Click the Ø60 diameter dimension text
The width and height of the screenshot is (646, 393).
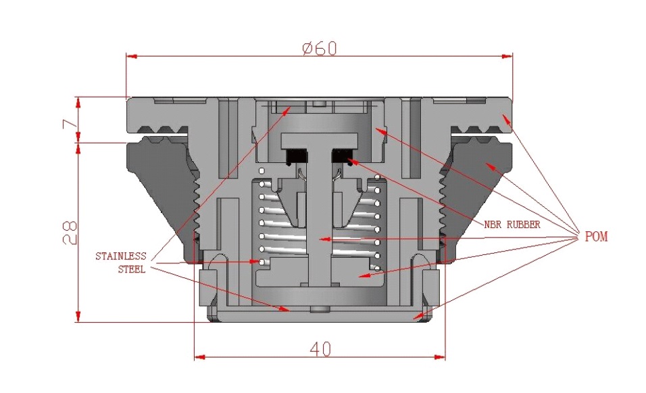pos(319,48)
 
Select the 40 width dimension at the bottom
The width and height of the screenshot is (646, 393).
pos(320,348)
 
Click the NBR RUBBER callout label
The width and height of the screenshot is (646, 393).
pos(512,225)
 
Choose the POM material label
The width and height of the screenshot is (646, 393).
pos(595,237)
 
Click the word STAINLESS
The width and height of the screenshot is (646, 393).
pos(120,256)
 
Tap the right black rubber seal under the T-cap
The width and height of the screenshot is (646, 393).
pos(344,156)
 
